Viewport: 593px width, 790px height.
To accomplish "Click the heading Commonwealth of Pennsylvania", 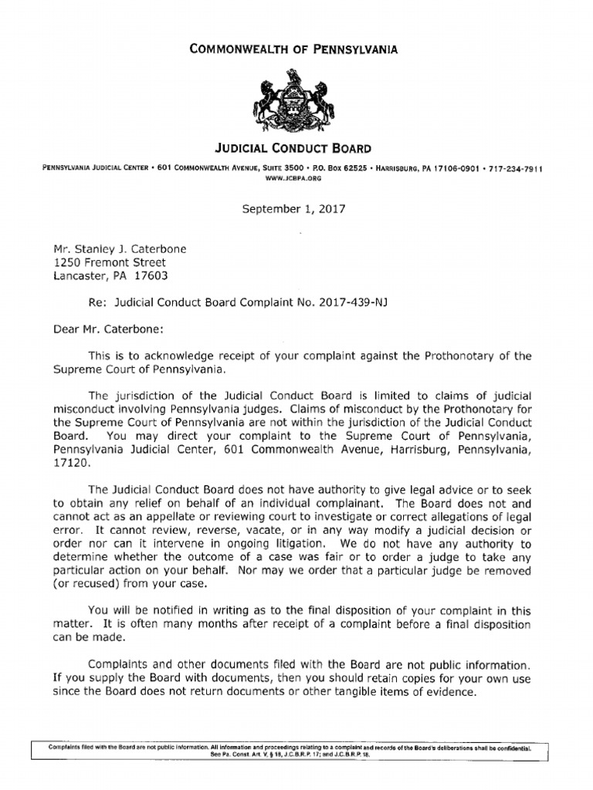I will pyautogui.click(x=293, y=49).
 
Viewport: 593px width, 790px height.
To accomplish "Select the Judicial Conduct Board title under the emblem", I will pyautogui.click(x=293, y=148).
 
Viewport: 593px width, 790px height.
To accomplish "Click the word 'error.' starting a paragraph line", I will pyautogui.click(x=68, y=531).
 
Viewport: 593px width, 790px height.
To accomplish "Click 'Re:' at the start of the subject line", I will pyautogui.click(x=98, y=302).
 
